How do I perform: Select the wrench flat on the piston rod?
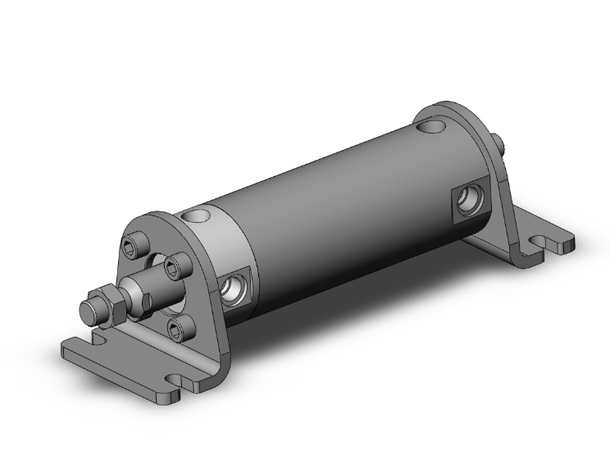tap(131, 290)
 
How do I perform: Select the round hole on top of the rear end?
tap(432, 128)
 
